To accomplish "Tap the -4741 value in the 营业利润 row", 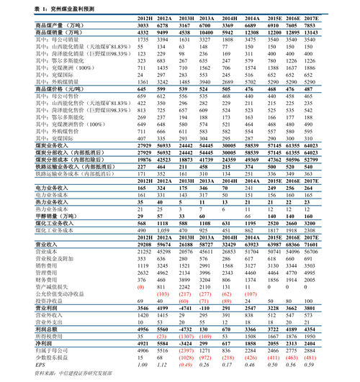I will [185, 308].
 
